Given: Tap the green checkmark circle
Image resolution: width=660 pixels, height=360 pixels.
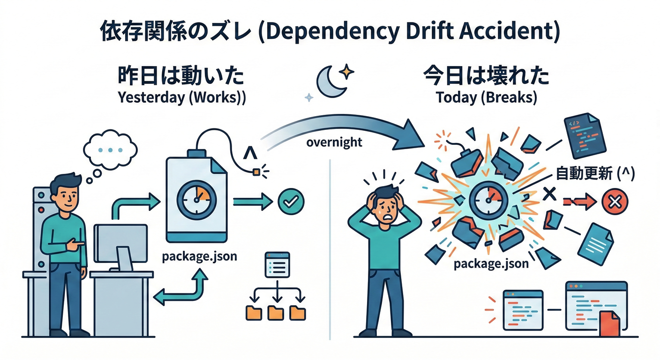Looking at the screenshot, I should tap(291, 202).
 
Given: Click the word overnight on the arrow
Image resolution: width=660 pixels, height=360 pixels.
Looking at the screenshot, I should tap(334, 142).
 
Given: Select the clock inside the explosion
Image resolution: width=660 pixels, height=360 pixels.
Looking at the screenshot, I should tap(488, 200).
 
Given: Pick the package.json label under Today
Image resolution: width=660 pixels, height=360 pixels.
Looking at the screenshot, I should tap(491, 263).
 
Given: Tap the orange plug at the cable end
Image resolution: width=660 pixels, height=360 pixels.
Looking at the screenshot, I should tap(256, 172).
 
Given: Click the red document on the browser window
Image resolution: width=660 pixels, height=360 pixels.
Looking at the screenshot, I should tap(609, 323).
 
